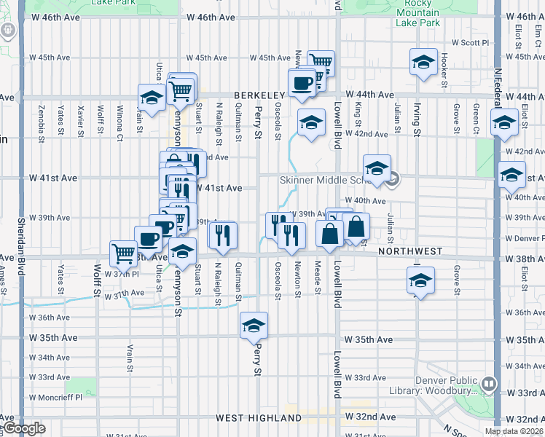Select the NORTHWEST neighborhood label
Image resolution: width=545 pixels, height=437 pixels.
pos(410,251)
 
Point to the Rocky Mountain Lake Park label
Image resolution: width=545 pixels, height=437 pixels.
pos(417,13)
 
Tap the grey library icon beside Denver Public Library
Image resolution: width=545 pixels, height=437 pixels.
pos(488,382)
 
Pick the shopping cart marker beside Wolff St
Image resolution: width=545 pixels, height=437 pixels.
pos(123,253)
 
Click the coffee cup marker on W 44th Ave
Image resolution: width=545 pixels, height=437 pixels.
pos(301,82)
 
